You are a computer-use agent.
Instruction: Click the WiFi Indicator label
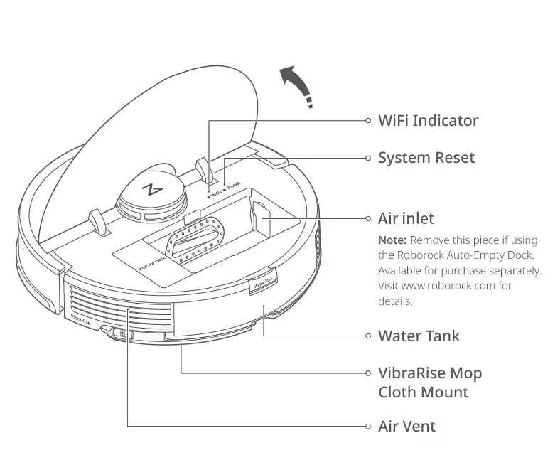point(428,120)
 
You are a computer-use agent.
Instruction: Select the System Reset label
point(426,158)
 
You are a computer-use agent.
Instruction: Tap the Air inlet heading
point(406,218)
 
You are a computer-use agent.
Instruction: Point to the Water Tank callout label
point(419,336)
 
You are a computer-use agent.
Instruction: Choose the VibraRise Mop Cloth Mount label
point(429,383)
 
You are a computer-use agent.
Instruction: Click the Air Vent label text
point(406,427)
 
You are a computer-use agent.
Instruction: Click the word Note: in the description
point(392,240)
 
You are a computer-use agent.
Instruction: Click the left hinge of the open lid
point(98,221)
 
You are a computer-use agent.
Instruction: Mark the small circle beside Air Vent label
point(368,427)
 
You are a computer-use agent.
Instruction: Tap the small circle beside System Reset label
point(368,158)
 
